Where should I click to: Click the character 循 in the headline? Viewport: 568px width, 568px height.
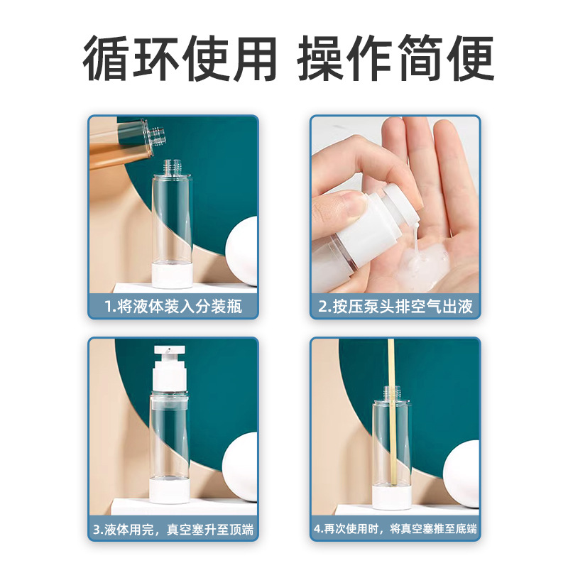pos(106,58)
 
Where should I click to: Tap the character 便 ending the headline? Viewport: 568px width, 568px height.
pos(470,58)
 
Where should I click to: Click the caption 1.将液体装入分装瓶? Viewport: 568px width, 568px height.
pos(173,307)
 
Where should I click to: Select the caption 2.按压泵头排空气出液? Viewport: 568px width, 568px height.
pos(395,307)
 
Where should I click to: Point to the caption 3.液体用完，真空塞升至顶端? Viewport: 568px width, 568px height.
pos(173,530)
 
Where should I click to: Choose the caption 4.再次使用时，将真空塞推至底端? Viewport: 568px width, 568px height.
pos(395,529)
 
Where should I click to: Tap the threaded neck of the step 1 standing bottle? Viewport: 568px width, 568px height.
pos(172,167)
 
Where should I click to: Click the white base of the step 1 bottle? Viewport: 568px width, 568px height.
pos(172,275)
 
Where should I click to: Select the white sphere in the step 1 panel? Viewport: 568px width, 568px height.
pos(241,251)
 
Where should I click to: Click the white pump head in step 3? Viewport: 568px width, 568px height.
pos(169,368)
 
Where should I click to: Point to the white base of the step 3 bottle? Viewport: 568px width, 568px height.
pos(170,490)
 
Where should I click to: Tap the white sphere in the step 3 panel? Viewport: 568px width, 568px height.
pos(240,466)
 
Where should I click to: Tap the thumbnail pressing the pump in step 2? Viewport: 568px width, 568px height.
pos(351,204)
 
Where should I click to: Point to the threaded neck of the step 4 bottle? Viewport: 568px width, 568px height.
pos(391,393)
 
